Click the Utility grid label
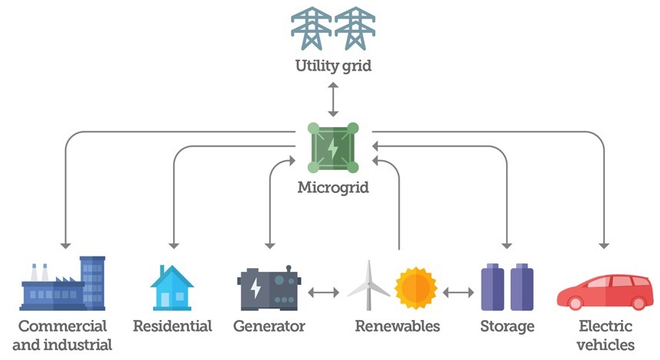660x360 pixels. coord(333,66)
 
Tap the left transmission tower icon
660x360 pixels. coord(311,28)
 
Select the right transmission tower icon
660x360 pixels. coord(355,28)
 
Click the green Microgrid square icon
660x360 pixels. coord(332,146)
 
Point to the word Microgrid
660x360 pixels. coord(332,186)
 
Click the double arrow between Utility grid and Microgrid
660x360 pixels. coord(333,100)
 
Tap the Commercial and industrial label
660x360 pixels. coord(64,335)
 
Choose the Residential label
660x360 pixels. coord(172,326)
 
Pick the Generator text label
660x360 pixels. coord(269,326)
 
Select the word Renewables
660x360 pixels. coord(397,326)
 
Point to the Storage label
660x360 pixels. coord(506,326)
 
